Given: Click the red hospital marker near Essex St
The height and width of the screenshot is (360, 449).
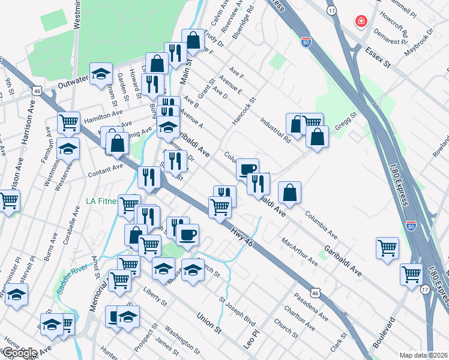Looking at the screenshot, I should coord(361,22).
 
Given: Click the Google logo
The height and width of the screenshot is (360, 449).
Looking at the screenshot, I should coord(19,353).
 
